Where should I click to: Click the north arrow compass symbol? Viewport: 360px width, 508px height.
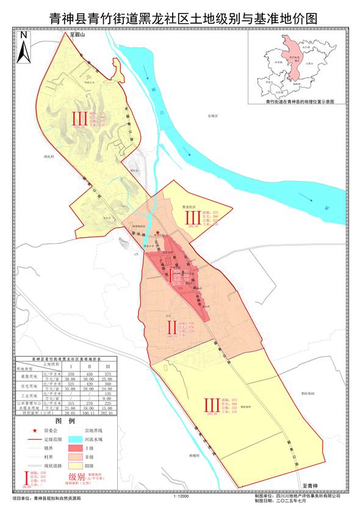pos(22,46)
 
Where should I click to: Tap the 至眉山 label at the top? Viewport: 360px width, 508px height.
pos(79,37)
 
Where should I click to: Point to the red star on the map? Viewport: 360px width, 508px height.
pos(158,232)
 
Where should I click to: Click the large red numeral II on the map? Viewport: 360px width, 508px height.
pos(173,328)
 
